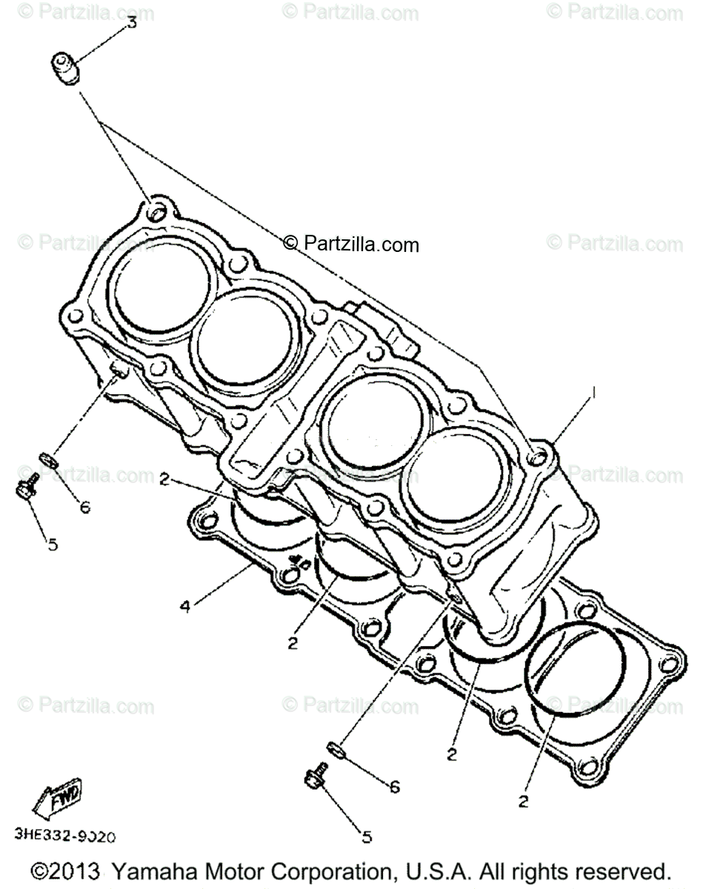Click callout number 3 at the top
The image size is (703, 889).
pyautogui.click(x=132, y=22)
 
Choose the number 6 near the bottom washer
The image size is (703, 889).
pyautogui.click(x=395, y=787)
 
